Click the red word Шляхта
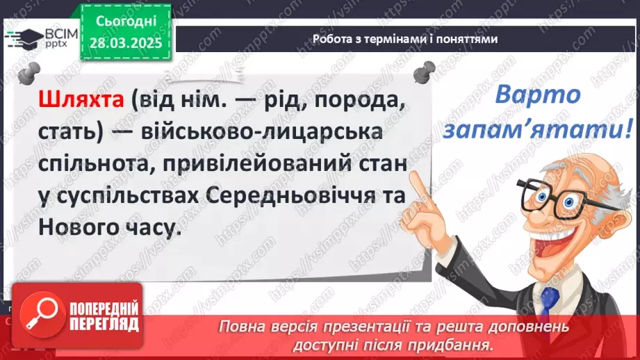pyautogui.click(x=80, y=103)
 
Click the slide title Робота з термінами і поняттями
pyautogui.click(x=405, y=40)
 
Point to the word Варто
pyautogui.click(x=538, y=95)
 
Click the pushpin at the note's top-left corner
pyautogui.click(x=28, y=72)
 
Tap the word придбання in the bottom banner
pyautogui.click(x=465, y=343)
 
